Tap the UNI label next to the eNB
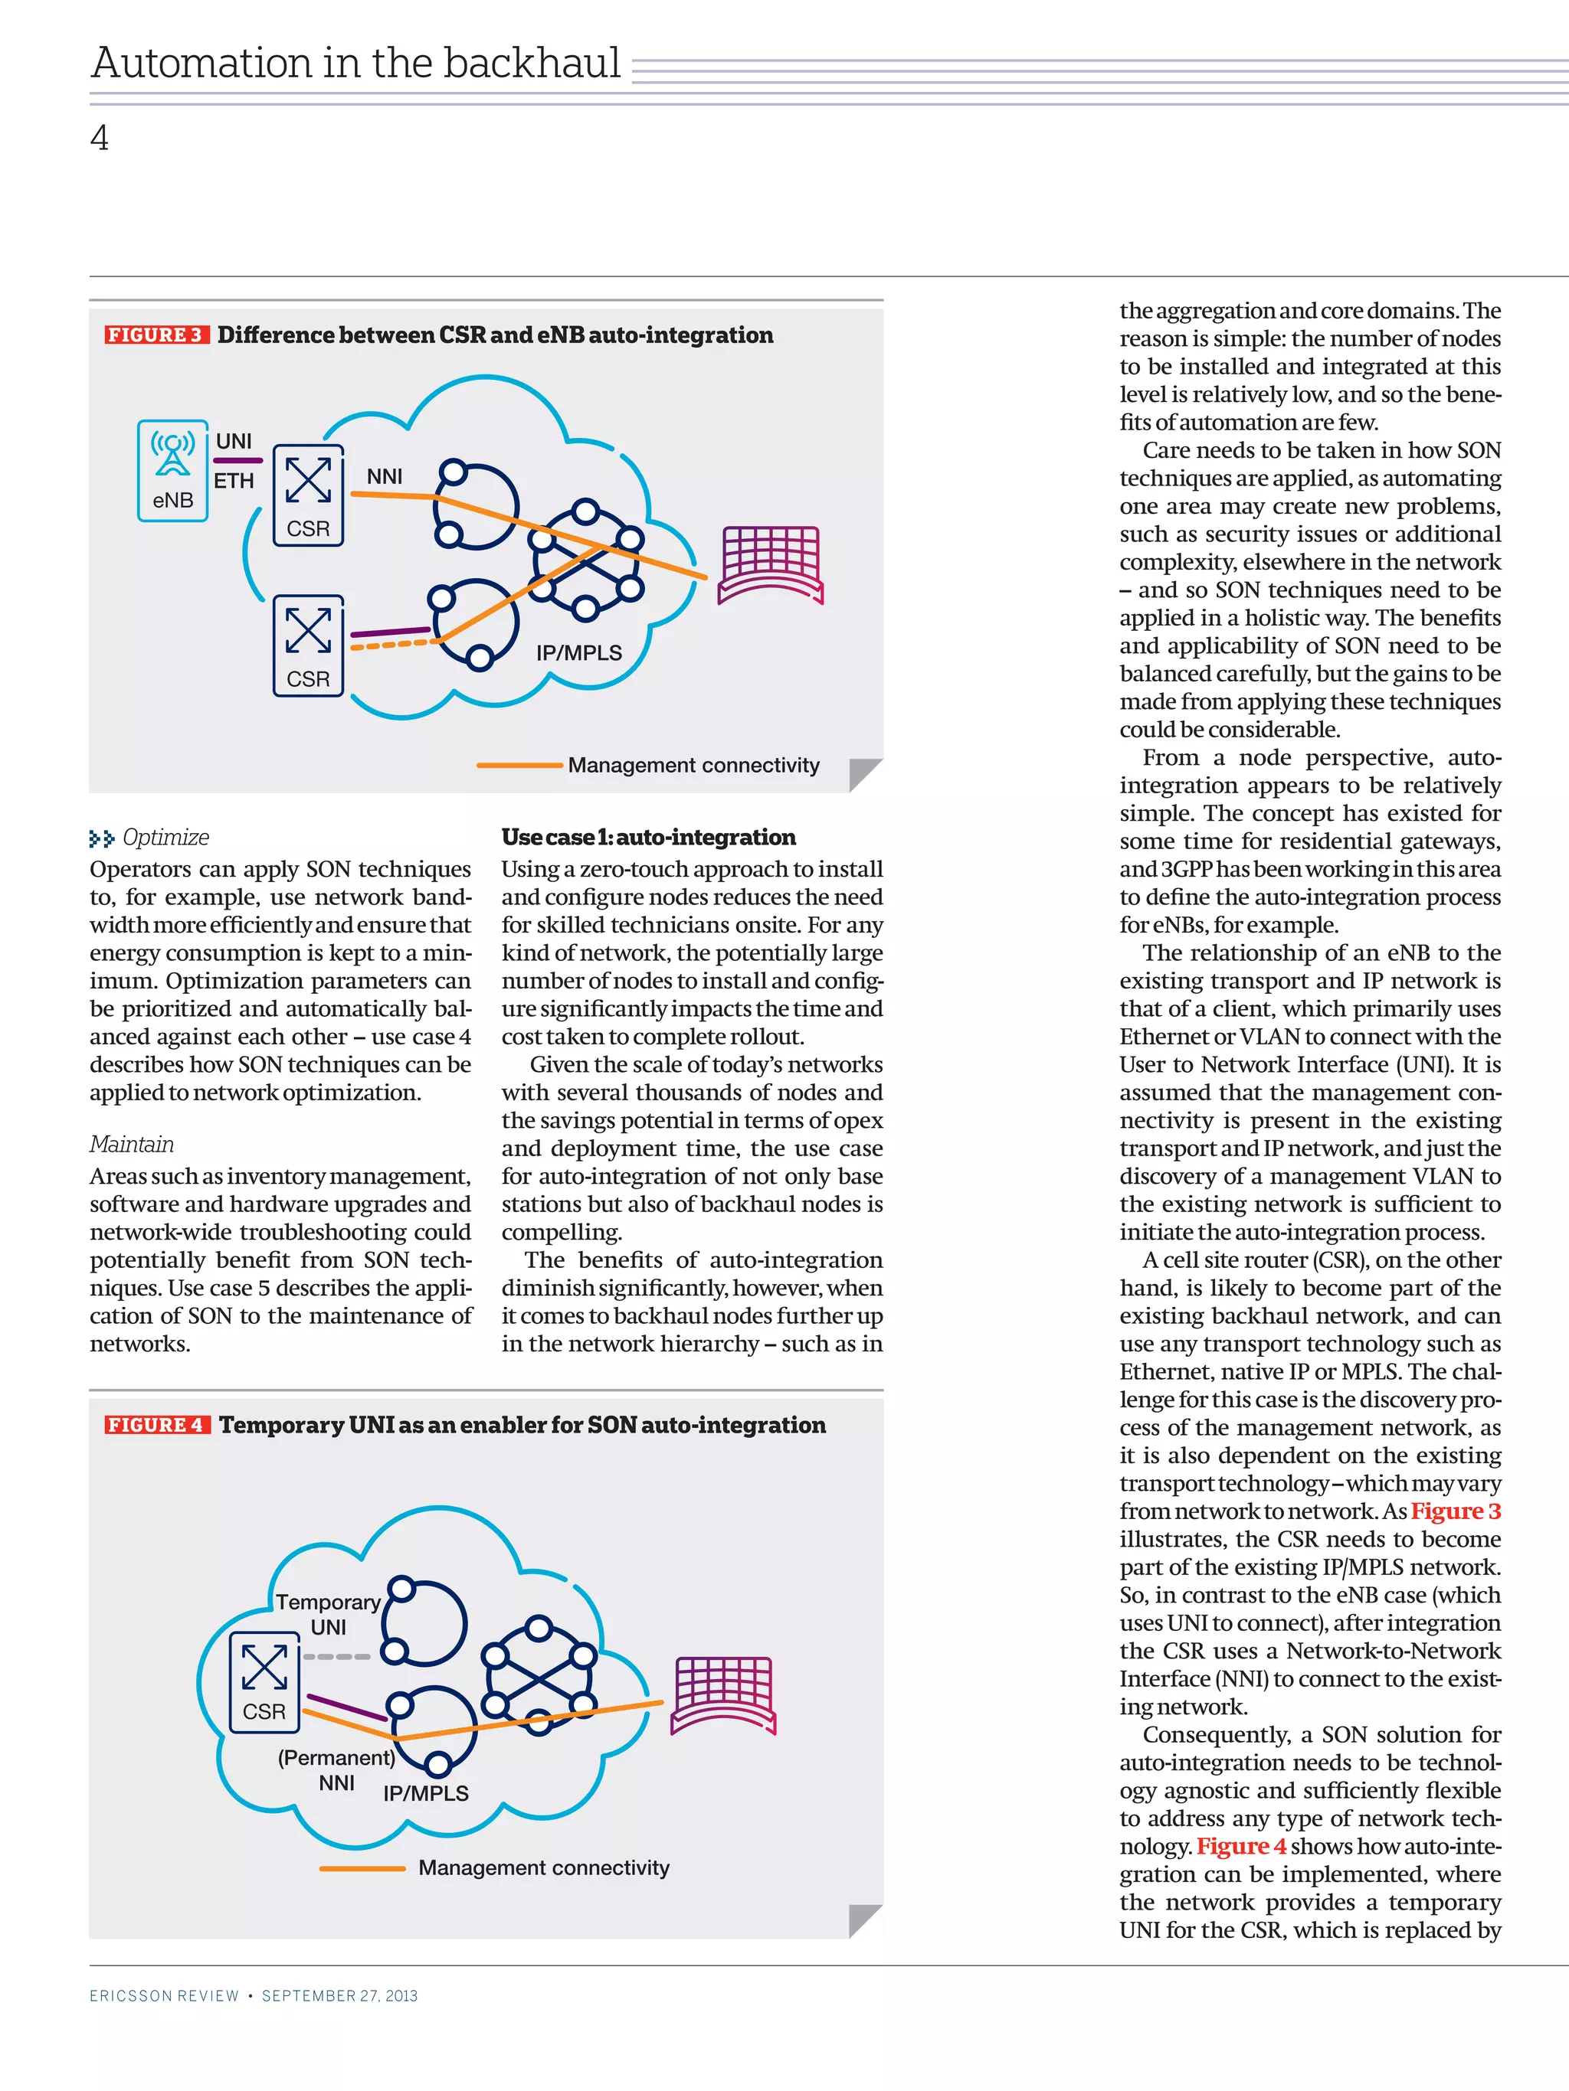click(x=234, y=442)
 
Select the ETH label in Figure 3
click(x=234, y=481)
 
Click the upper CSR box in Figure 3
click(x=308, y=495)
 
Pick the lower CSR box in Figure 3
click(x=308, y=645)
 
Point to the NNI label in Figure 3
click(x=384, y=476)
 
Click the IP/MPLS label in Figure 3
click(x=579, y=653)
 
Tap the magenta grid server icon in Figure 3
click(x=771, y=564)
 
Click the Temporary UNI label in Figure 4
click(x=328, y=1614)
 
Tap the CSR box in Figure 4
click(x=264, y=1681)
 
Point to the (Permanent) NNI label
click(x=336, y=1769)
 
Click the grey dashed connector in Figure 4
click(x=338, y=1656)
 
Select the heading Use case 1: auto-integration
click(x=648, y=838)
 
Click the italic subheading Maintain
click(x=132, y=1145)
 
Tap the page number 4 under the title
click(x=100, y=139)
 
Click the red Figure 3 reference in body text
click(x=1456, y=1511)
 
